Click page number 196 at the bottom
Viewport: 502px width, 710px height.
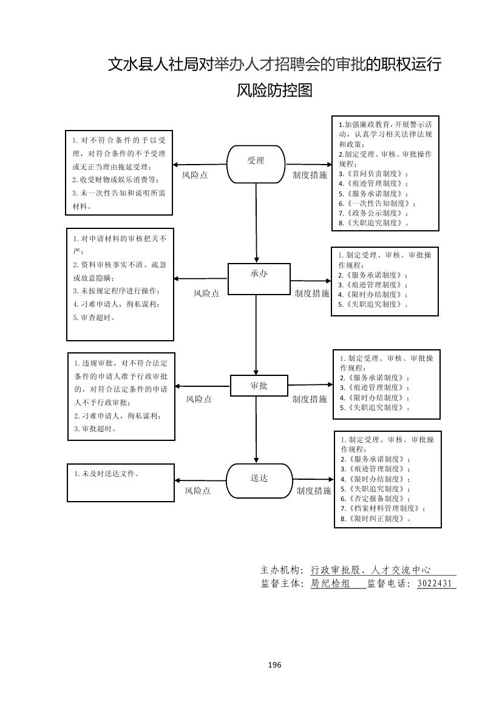click(274, 664)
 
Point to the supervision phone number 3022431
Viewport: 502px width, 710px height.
click(435, 583)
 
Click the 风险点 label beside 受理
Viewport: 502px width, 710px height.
click(195, 175)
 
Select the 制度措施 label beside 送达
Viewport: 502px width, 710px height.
click(314, 491)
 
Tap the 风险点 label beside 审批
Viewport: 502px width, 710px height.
click(198, 399)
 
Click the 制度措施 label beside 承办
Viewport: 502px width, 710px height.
click(312, 293)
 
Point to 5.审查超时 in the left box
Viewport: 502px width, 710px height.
click(93, 317)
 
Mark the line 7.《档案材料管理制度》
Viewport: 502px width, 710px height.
click(382, 508)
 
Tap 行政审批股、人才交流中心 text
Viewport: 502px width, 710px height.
click(370, 570)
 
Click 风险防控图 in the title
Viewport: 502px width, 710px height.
click(274, 91)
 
